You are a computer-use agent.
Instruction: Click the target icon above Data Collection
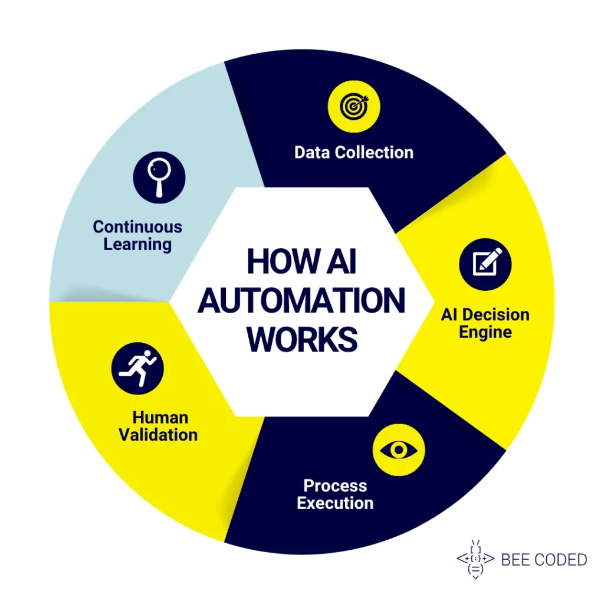(x=354, y=107)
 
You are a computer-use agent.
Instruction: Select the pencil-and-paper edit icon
(x=485, y=264)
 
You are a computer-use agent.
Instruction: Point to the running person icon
(x=137, y=369)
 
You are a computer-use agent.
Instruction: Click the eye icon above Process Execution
(x=399, y=450)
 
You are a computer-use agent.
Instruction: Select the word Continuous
(x=137, y=226)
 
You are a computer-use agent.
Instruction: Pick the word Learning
(x=137, y=244)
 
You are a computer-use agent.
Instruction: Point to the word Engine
(x=485, y=331)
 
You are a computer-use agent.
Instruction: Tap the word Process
(x=335, y=486)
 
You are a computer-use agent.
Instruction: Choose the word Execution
(x=335, y=503)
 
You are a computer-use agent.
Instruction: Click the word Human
(x=160, y=418)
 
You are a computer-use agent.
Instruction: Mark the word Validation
(x=158, y=435)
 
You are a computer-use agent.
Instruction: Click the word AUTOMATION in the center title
(x=301, y=301)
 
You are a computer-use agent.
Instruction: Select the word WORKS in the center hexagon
(x=302, y=340)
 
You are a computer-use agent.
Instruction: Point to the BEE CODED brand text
(x=544, y=560)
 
